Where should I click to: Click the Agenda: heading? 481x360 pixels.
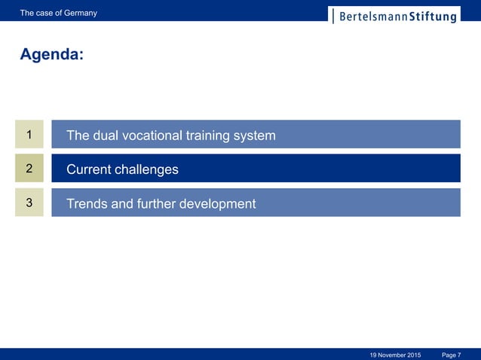coord(51,55)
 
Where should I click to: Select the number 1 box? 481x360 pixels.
coord(29,135)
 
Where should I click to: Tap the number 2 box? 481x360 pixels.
coord(29,169)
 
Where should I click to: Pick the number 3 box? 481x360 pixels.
coord(29,203)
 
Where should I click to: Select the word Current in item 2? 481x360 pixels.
coord(88,169)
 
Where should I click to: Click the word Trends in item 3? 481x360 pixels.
coord(87,203)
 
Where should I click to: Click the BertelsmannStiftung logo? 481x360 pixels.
coord(394,16)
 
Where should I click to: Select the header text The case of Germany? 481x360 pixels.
coord(59,13)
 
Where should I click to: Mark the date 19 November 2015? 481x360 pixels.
coord(396,354)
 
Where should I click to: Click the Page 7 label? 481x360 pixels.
coord(452,354)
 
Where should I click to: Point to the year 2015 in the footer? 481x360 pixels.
coord(412,354)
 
